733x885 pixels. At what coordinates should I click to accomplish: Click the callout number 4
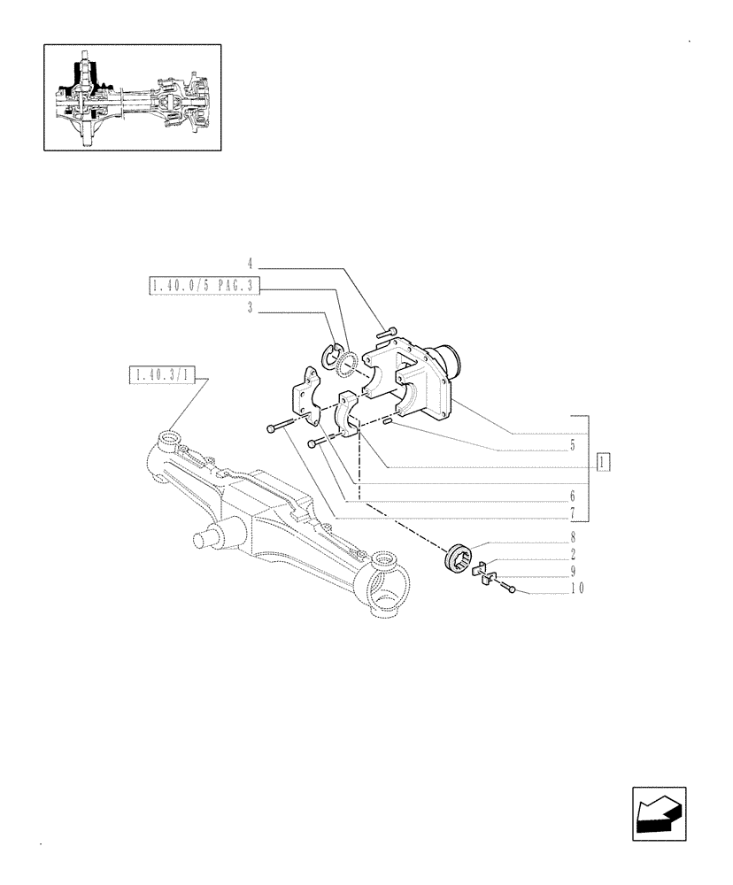click(x=251, y=264)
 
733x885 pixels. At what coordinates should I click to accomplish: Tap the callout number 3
click(x=251, y=308)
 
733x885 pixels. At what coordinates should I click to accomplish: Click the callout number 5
click(x=573, y=445)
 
